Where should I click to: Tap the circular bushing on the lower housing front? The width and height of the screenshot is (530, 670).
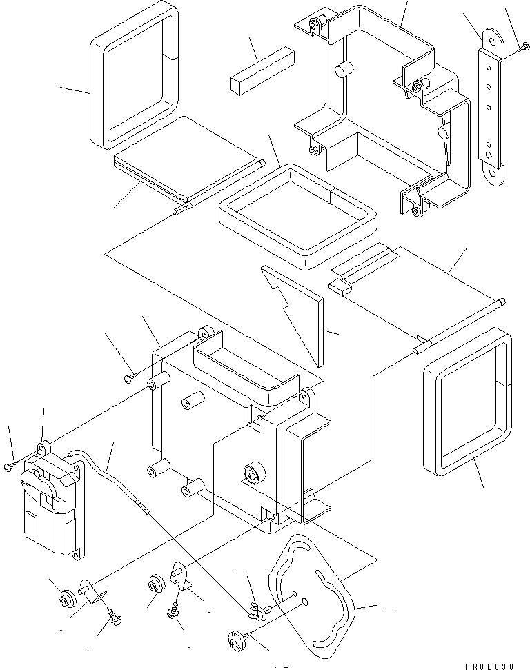click(x=253, y=474)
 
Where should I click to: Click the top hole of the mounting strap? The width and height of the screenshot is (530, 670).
click(x=491, y=41)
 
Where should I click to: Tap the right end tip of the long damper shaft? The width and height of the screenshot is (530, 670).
click(x=505, y=301)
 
